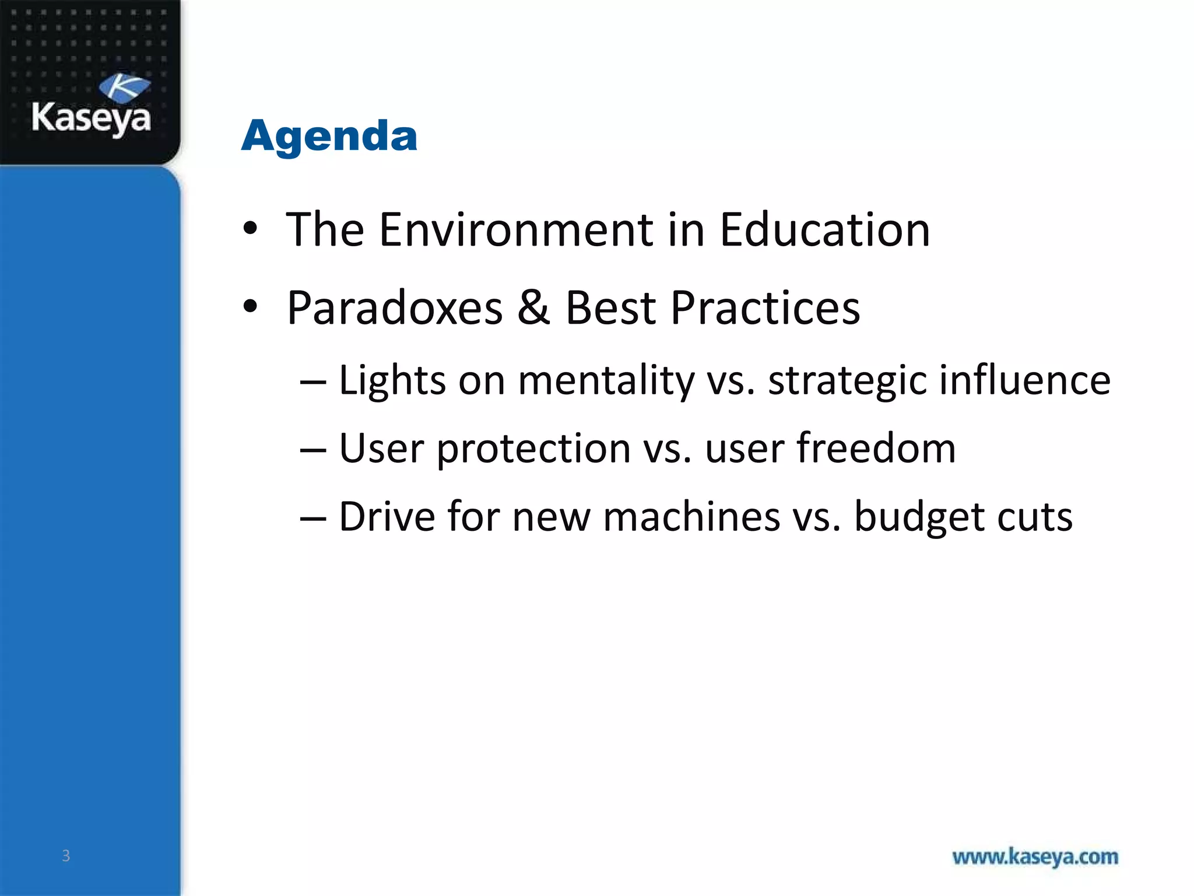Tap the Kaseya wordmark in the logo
tap(92, 118)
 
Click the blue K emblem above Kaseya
tap(124, 88)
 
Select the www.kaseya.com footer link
tap(1035, 857)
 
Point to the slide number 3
tap(66, 856)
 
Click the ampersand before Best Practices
tap(533, 307)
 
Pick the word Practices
tap(765, 308)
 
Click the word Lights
tap(392, 381)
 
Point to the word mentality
tap(606, 381)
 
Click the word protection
tap(533, 450)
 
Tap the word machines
tap(691, 516)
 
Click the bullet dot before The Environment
tap(250, 229)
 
